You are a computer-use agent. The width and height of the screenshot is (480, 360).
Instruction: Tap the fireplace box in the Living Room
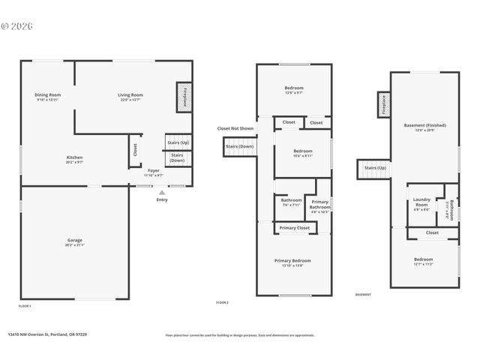(183, 97)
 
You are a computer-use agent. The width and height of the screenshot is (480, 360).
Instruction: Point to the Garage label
(75, 241)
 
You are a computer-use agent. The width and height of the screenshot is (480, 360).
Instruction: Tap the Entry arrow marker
(162, 193)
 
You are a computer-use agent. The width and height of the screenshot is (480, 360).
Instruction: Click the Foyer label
(154, 172)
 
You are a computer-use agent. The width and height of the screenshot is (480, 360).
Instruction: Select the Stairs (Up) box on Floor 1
(178, 142)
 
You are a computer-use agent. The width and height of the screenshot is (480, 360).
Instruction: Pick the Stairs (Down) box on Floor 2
(238, 147)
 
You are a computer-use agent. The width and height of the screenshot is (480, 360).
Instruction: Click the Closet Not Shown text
(235, 128)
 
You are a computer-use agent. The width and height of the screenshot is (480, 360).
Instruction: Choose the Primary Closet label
(294, 228)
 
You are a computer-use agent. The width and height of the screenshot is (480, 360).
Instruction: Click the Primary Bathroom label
(320, 204)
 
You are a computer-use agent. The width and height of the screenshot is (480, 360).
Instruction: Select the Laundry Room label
(421, 201)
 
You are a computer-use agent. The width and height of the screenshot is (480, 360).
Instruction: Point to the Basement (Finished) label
(424, 126)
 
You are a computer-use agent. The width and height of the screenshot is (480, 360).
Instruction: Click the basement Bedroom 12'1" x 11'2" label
(424, 260)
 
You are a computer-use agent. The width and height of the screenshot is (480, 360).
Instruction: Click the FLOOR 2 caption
(222, 302)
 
